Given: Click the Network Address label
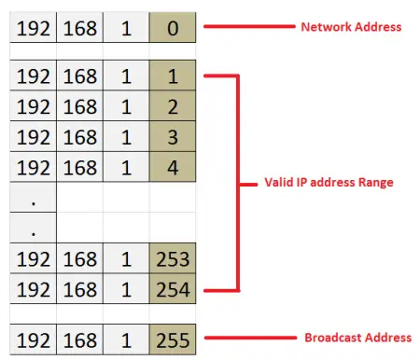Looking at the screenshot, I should pyautogui.click(x=350, y=27).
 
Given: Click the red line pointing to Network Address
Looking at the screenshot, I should pyautogui.click(x=245, y=28).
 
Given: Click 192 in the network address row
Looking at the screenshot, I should pyautogui.click(x=35, y=28).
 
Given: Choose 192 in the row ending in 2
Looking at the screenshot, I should pyautogui.click(x=35, y=108).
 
